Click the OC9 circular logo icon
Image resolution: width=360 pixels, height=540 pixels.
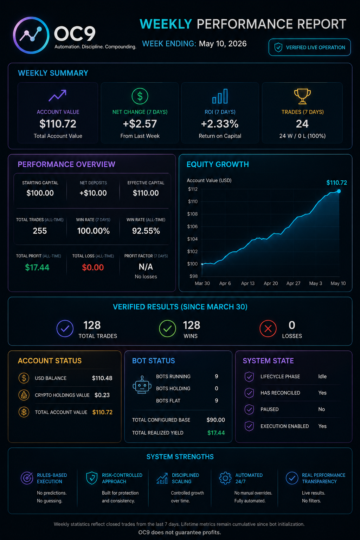click(31, 35)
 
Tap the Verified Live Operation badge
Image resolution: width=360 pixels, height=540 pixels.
click(310, 47)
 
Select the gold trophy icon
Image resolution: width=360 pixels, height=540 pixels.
click(302, 96)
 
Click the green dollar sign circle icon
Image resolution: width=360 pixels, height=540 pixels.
click(140, 96)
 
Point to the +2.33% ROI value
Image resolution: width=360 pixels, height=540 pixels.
click(220, 124)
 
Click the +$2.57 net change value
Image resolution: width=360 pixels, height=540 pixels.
click(140, 124)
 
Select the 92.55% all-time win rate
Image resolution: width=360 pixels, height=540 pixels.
click(146, 231)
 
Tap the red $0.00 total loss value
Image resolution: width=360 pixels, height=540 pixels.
click(93, 267)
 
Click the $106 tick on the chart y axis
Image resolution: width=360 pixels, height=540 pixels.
click(192, 226)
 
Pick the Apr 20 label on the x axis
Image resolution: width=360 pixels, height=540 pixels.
click(271, 283)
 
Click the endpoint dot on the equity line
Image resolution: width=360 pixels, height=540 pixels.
click(339, 191)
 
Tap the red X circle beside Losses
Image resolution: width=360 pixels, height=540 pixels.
click(268, 328)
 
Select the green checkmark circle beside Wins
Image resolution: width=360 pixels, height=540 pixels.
click(167, 328)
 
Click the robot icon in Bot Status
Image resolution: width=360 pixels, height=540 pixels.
click(142, 385)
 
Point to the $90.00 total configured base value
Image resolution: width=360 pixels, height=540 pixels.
click(216, 420)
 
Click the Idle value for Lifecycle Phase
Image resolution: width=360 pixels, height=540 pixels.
click(322, 377)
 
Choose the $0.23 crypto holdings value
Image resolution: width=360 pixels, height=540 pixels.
click(102, 395)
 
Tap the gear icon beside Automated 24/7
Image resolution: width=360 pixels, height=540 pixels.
click(225, 478)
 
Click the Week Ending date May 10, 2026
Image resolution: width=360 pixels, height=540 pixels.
click(223, 44)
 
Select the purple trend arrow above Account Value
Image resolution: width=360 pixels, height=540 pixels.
click(57, 96)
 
